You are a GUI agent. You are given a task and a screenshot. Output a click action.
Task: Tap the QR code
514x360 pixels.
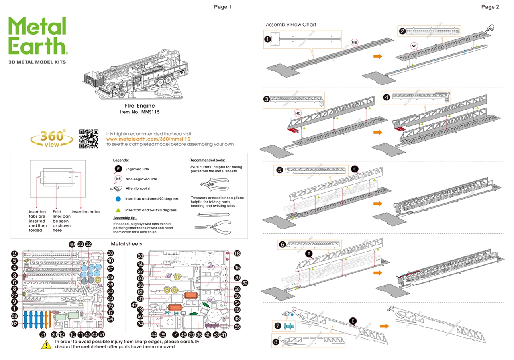pos(89,139)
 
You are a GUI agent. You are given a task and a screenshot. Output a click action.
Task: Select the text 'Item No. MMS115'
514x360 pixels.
pos(140,112)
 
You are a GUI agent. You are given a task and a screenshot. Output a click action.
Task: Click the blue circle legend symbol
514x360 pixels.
pos(118,199)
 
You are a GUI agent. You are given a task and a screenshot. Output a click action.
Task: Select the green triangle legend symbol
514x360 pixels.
pos(118,210)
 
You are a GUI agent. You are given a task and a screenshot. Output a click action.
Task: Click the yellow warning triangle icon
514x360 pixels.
pos(47,344)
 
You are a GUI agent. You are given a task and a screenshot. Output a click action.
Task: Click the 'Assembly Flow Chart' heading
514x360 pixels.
pos(291,25)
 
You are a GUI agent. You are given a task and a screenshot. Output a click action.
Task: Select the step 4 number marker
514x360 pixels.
pos(386,97)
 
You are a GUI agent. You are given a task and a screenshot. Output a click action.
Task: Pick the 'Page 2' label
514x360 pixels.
pos(490,7)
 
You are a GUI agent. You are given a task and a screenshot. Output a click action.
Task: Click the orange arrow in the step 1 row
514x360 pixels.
pos(377,57)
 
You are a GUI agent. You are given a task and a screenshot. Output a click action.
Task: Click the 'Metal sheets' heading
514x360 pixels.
pos(126,244)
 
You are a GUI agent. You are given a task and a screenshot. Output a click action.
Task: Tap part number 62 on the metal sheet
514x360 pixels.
pos(14,323)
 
